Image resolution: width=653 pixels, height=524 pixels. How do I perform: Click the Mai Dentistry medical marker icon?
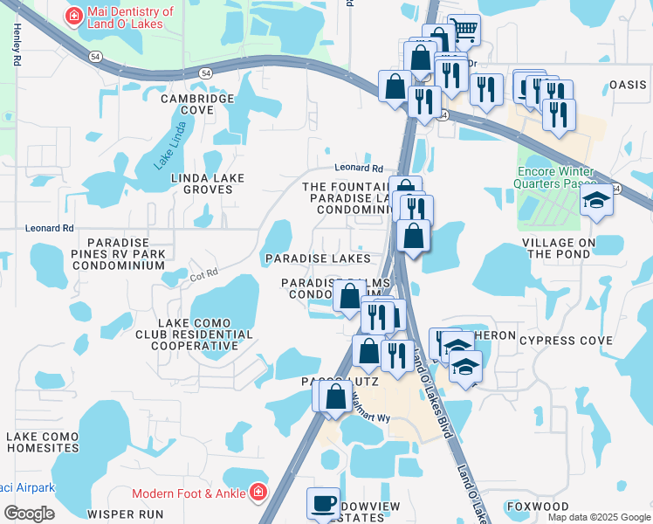[x=75, y=16]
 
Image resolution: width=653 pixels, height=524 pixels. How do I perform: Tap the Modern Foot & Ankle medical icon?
[x=258, y=493]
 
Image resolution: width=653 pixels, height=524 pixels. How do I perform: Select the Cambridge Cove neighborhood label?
[x=197, y=105]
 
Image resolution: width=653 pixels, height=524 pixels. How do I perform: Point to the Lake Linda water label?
[x=171, y=151]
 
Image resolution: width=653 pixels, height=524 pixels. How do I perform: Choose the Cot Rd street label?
[x=203, y=276]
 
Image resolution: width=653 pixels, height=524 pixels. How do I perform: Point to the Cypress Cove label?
[x=559, y=339]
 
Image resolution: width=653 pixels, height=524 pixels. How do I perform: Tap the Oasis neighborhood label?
[x=628, y=85]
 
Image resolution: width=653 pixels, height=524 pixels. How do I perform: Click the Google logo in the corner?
[x=29, y=514]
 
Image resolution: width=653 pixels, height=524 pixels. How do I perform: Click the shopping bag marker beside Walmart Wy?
[x=336, y=396]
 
